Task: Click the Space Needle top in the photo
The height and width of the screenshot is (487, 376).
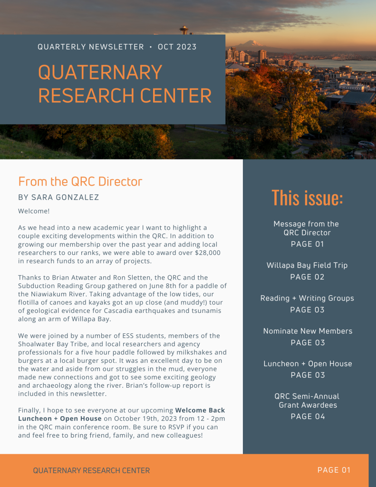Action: click(184, 29)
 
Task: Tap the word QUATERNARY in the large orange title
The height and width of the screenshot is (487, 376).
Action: click(100, 73)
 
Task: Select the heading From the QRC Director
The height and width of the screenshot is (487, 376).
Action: click(80, 182)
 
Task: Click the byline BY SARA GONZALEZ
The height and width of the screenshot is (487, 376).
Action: click(58, 197)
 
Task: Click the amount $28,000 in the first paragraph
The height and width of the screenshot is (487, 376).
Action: click(208, 253)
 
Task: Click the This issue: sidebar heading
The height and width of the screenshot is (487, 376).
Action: click(307, 198)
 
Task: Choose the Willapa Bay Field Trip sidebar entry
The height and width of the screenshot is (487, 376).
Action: click(307, 265)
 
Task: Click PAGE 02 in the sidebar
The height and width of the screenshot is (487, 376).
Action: click(307, 277)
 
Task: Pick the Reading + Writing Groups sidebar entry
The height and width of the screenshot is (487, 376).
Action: click(307, 298)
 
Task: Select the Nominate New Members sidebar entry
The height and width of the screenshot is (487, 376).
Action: click(307, 331)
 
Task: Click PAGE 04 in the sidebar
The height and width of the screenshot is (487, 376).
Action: click(307, 417)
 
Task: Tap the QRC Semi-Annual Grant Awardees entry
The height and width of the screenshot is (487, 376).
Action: click(307, 400)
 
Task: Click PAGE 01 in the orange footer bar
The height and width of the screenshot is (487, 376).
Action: click(334, 470)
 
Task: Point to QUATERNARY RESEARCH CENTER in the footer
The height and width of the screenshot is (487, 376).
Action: click(91, 471)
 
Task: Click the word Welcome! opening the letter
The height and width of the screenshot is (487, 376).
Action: click(34, 211)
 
